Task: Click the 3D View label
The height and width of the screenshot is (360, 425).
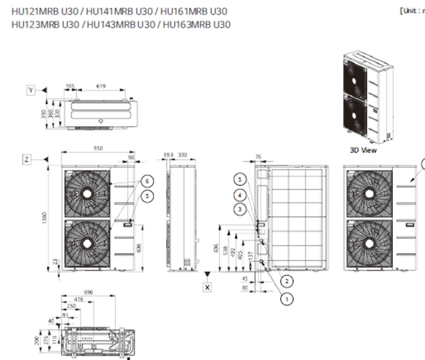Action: tap(364, 151)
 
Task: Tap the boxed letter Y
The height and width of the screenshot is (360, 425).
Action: tap(31, 89)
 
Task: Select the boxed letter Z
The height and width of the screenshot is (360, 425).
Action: tap(27, 159)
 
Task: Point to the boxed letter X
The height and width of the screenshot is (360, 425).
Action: tap(207, 286)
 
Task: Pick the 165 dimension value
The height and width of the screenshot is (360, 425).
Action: tap(71, 86)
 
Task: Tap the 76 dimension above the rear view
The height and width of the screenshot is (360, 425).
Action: tap(257, 157)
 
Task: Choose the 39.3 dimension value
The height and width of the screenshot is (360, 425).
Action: tap(169, 155)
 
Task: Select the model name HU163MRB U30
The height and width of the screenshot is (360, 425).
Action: tap(197, 25)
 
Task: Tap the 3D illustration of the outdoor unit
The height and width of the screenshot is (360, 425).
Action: tap(365, 97)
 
